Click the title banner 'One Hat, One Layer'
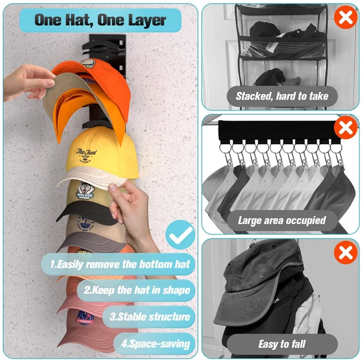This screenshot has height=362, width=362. point(100,20)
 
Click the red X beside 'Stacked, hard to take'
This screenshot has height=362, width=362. point(345,19)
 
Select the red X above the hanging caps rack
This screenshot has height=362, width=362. point(345,129)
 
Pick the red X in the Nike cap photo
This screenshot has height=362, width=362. point(345,253)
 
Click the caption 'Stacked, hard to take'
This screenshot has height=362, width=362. point(281,96)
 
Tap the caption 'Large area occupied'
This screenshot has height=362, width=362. point(281,220)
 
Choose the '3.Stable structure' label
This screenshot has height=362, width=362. point(149,316)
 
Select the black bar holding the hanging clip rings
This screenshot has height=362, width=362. point(276,131)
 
